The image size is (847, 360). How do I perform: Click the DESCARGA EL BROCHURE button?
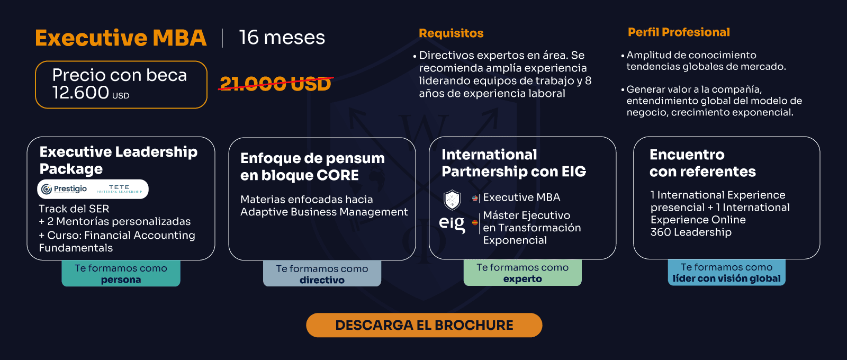click(424, 325)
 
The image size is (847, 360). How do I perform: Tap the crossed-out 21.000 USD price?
click(276, 84)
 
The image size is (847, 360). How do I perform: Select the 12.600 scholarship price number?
click(80, 93)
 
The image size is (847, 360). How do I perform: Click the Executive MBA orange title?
click(121, 38)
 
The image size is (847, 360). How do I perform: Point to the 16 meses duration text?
click(282, 38)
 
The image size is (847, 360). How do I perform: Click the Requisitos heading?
click(451, 33)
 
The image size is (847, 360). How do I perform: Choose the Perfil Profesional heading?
click(679, 32)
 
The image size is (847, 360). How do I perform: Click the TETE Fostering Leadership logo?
click(119, 188)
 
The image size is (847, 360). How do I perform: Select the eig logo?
click(452, 224)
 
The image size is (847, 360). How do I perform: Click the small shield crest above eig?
click(452, 200)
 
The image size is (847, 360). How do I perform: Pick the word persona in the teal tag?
click(121, 280)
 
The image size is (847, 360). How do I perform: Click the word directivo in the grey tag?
click(322, 280)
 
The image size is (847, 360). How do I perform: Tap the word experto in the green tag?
click(522, 279)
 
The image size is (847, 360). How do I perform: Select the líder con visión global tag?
click(727, 273)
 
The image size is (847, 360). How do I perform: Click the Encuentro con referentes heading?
click(702, 163)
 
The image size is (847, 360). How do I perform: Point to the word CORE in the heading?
click(338, 175)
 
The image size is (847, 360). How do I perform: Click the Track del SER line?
click(74, 209)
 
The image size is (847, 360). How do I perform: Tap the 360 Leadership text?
click(691, 232)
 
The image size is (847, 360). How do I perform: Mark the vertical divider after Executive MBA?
click(222, 38)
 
